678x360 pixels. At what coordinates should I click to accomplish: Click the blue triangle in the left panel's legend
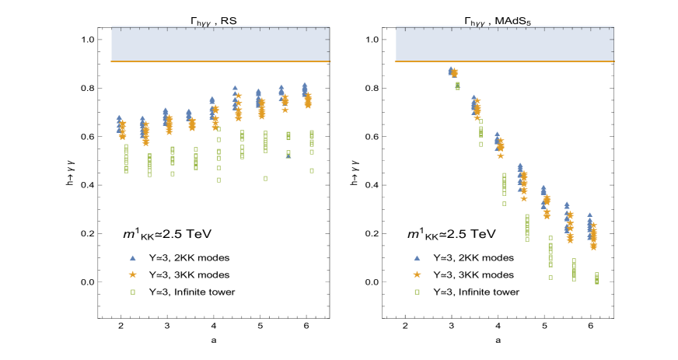tap(133, 257)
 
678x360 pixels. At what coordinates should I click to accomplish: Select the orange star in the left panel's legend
tap(133, 274)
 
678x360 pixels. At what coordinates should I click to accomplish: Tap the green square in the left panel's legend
tap(133, 292)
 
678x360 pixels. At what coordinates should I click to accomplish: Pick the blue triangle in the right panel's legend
tap(417, 257)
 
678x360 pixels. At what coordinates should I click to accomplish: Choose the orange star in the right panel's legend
tap(417, 274)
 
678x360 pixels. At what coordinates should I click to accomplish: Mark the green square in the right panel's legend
tap(417, 292)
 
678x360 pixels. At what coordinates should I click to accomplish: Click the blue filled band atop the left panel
tap(220, 44)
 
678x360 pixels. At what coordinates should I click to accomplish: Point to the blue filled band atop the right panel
tap(505, 44)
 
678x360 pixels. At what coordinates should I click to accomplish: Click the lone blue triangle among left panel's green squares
tap(288, 156)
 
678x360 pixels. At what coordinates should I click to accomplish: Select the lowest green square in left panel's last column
tap(312, 170)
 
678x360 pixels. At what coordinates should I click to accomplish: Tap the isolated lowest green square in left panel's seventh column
tap(265, 178)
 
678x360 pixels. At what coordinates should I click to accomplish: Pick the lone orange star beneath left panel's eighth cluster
tap(285, 110)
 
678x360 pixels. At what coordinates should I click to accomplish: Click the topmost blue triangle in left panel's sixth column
tap(235, 88)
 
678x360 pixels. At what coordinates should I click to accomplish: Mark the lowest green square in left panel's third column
tap(173, 173)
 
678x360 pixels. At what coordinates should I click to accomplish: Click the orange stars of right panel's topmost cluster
tap(455, 73)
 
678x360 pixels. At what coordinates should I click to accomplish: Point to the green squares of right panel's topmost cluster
tap(457, 86)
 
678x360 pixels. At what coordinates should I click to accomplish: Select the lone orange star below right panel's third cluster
tap(500, 156)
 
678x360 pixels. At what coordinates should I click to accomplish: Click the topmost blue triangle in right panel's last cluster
tap(589, 215)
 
